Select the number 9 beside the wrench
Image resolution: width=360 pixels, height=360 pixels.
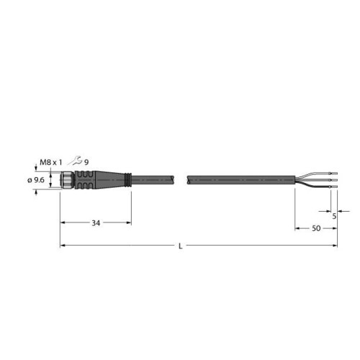[x=86, y=162]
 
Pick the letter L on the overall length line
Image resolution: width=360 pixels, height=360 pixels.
[x=180, y=247]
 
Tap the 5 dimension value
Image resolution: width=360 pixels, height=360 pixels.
[x=335, y=215]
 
